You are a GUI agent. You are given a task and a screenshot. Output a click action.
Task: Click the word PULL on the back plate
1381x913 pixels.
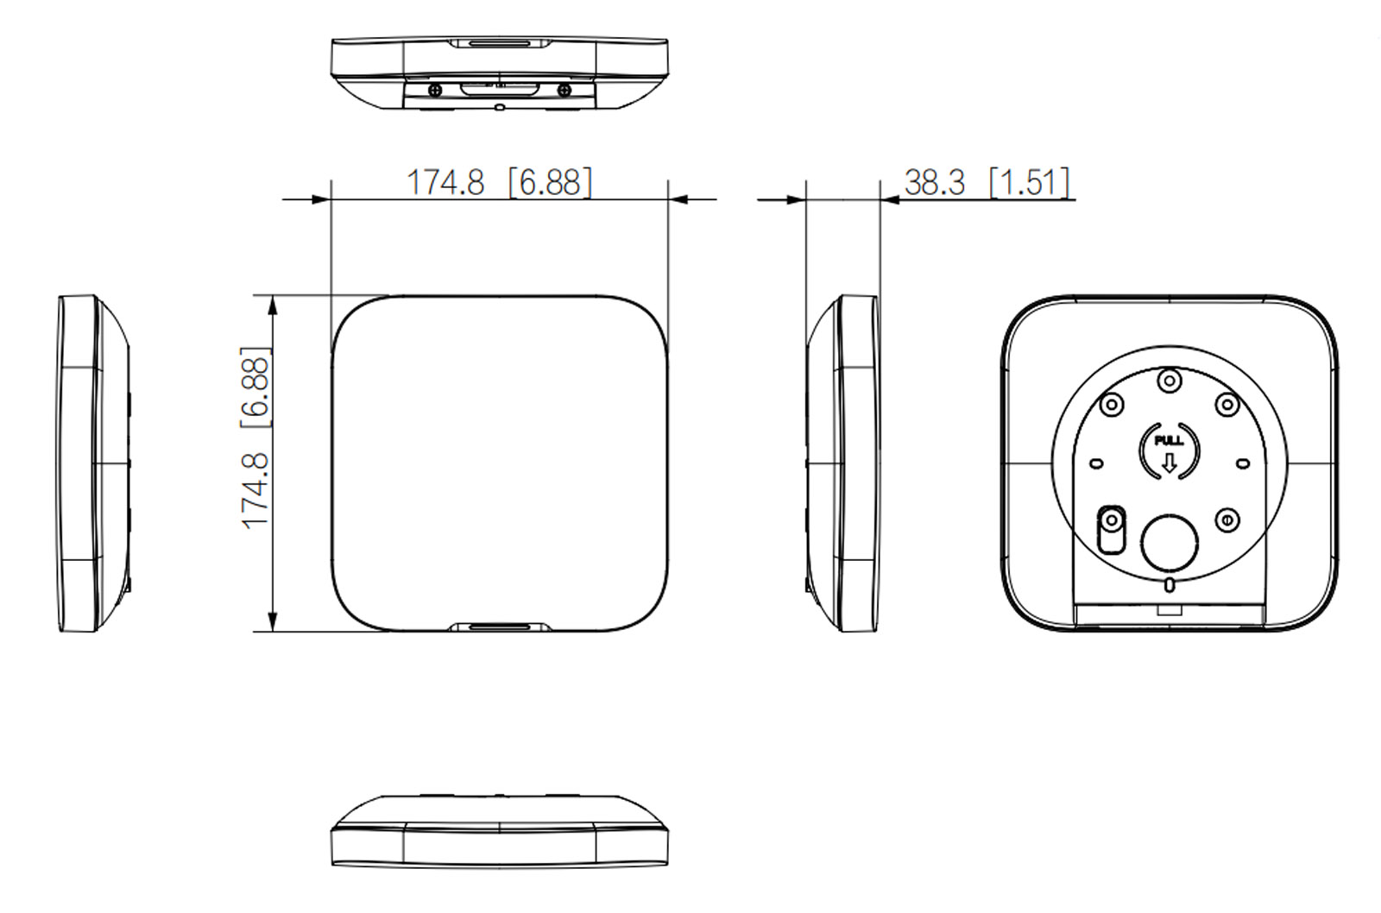click(x=1169, y=441)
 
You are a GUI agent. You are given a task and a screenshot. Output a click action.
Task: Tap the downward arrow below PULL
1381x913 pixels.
click(x=1169, y=463)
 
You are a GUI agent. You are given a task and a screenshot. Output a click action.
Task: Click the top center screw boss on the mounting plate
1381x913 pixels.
click(x=1169, y=380)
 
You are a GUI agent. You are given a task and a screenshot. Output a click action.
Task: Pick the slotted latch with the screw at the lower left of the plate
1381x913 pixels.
click(x=1111, y=527)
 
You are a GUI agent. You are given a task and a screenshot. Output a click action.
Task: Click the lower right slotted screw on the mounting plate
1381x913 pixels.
click(x=1227, y=519)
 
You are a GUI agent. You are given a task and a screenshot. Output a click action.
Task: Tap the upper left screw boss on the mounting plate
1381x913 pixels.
click(x=1112, y=404)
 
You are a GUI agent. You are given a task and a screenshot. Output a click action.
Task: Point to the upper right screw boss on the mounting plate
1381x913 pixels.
click(x=1227, y=404)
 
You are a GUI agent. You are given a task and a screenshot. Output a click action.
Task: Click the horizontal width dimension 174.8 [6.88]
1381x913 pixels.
click(x=499, y=182)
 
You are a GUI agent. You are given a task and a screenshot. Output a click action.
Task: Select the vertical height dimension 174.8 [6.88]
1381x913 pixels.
click(x=255, y=438)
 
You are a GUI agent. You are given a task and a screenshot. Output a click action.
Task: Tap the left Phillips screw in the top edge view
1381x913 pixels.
click(x=435, y=89)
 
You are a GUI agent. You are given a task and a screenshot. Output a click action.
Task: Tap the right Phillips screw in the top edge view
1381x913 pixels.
click(x=564, y=89)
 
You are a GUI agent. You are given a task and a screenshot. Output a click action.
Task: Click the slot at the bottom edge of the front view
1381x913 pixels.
click(x=500, y=626)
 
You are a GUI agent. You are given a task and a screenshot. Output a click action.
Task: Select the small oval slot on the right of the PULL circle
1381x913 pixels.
click(x=1243, y=463)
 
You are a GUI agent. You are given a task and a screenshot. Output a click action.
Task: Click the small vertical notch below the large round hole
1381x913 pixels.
click(x=1169, y=586)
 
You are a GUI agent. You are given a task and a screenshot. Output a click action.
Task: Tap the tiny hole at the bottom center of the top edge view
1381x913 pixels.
click(x=500, y=108)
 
